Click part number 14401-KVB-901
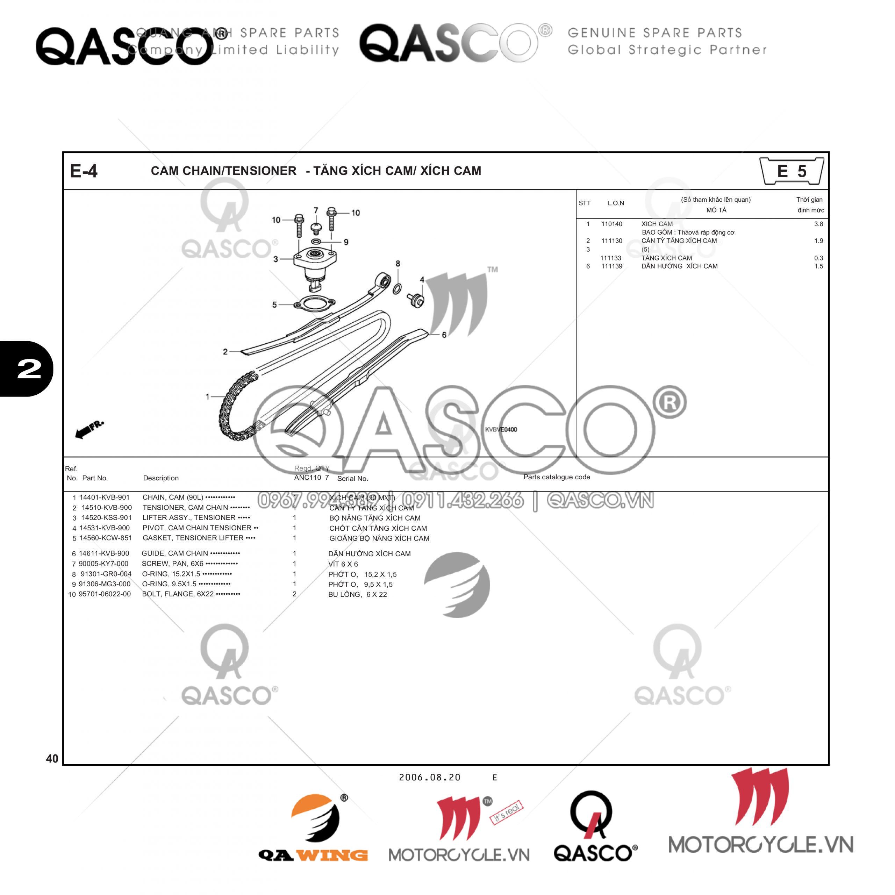click(104, 497)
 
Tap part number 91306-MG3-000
click(104, 584)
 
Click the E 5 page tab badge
click(791, 171)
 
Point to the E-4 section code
click(84, 171)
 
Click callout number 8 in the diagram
click(398, 264)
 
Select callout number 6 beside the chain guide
click(444, 335)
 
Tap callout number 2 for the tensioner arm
click(225, 352)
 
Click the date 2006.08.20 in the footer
click(429, 777)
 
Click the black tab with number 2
click(27, 369)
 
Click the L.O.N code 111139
click(611, 266)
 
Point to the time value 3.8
click(818, 224)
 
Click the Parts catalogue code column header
click(556, 477)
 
